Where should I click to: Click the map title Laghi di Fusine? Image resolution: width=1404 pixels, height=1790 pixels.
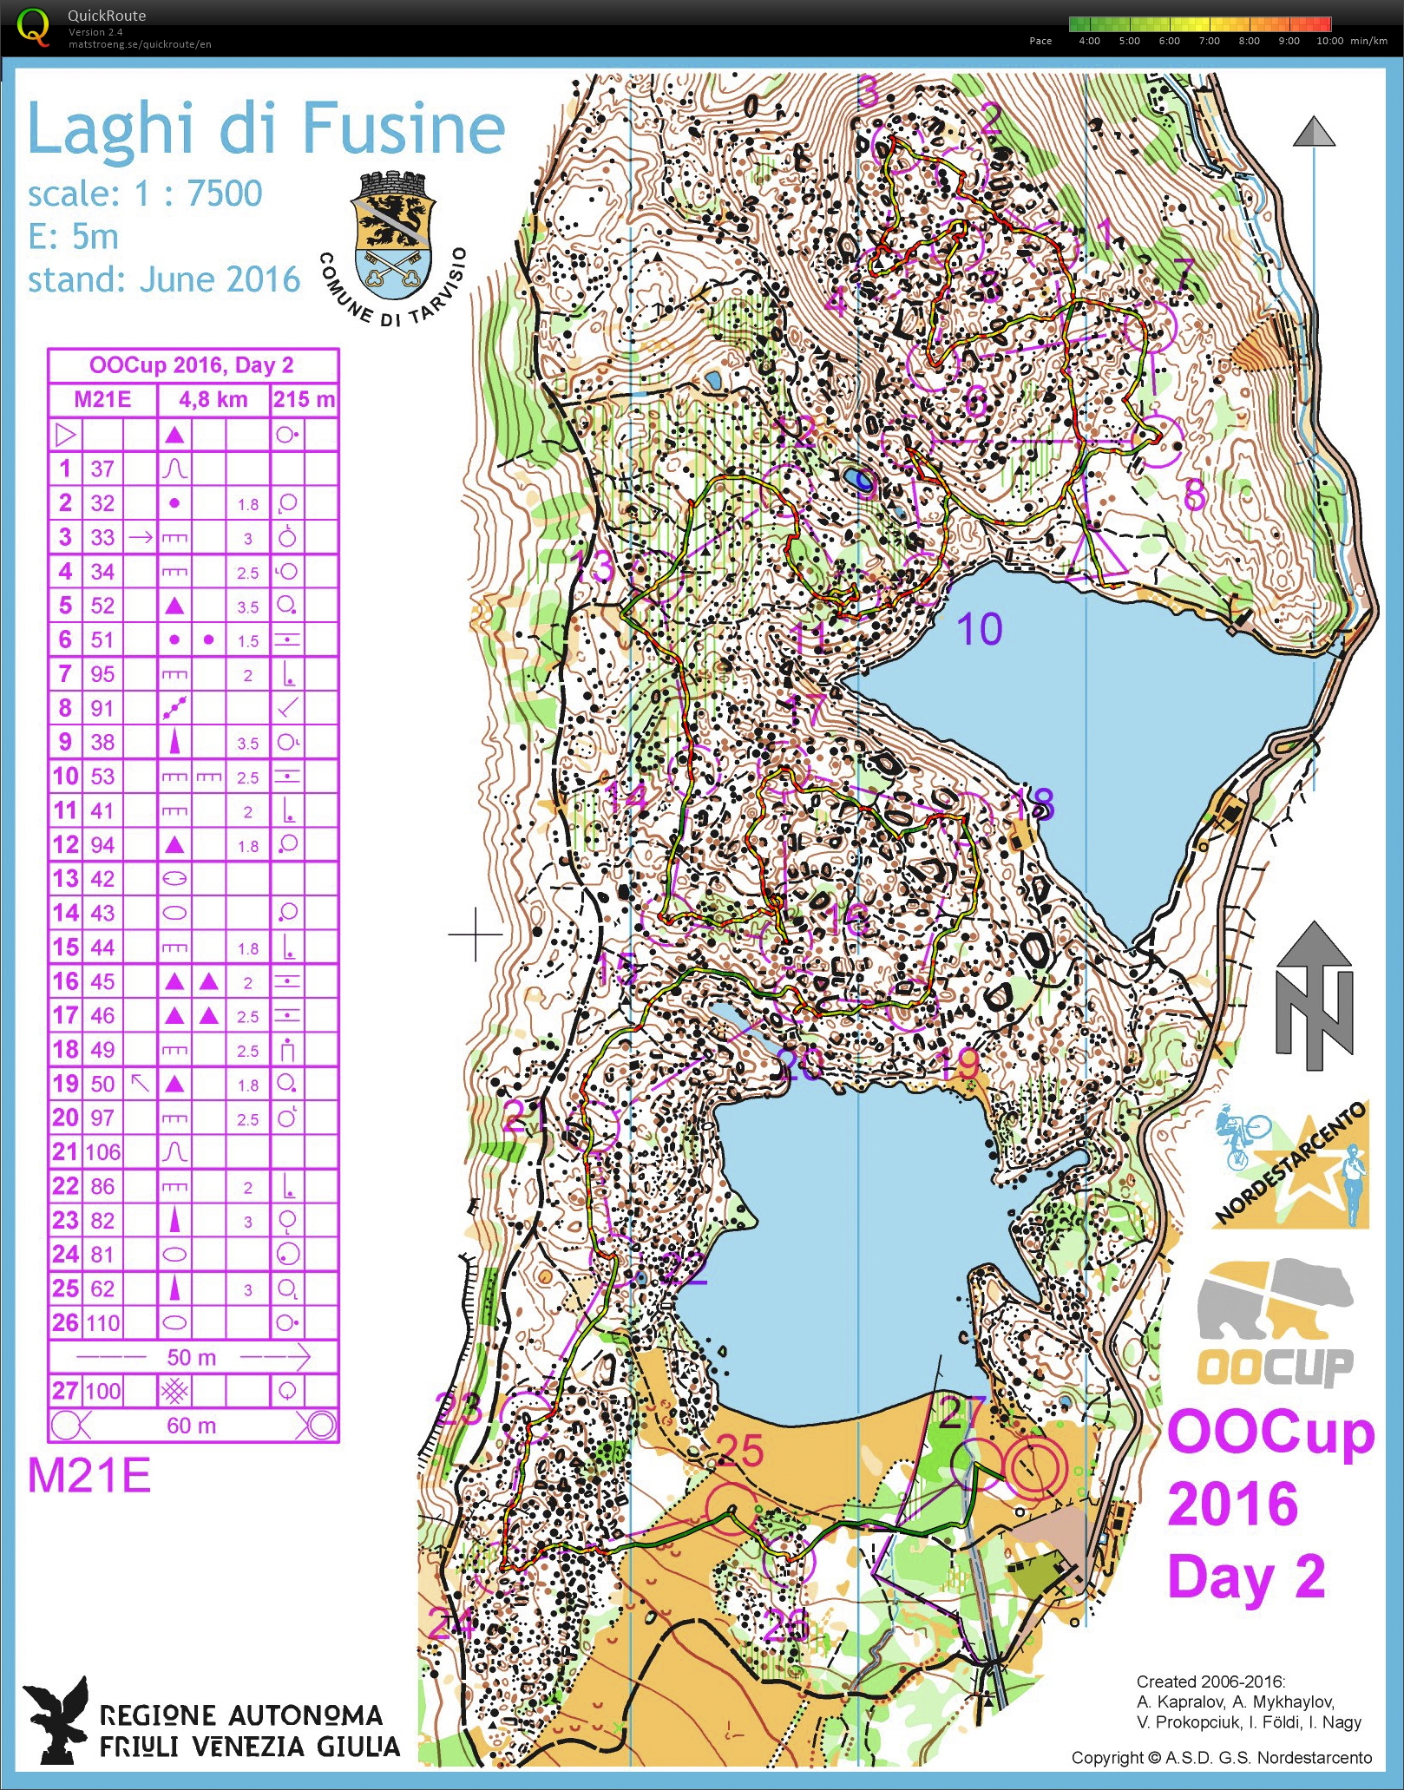266,128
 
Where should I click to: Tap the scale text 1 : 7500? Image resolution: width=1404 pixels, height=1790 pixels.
198,193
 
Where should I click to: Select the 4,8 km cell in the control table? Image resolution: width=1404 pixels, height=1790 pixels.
213,399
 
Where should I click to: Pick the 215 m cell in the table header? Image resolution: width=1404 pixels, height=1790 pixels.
304,399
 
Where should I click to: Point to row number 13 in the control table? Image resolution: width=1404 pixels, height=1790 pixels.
65,879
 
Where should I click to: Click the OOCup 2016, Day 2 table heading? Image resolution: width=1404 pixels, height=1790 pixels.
192,365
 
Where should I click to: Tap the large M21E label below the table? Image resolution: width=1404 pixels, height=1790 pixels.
89,1475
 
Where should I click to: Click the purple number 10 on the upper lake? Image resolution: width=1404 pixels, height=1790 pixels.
980,629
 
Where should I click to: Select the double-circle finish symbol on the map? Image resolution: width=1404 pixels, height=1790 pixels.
1033,1465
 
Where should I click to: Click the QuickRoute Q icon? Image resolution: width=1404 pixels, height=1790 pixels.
33,27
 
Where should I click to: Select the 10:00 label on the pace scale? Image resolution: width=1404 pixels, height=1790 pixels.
1329,41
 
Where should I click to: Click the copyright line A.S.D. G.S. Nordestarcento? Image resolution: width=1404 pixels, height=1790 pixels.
1222,1758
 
